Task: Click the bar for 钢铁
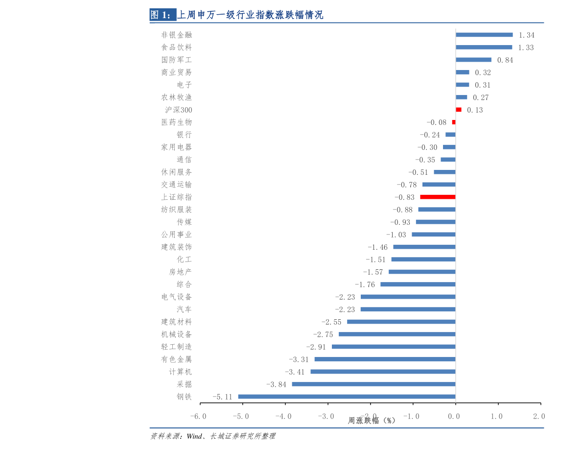[x=347, y=397]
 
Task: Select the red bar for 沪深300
[x=459, y=110]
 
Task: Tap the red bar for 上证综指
[x=438, y=197]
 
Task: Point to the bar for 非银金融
[x=484, y=35]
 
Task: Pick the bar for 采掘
[x=373, y=384]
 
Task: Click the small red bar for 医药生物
[x=454, y=122]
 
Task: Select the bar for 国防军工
[x=473, y=60]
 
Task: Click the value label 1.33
[x=526, y=47]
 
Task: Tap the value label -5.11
[x=222, y=397]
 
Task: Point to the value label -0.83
[x=404, y=197]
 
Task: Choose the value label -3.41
[x=295, y=372]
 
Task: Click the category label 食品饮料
[x=176, y=47]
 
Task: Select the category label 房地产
[x=180, y=272]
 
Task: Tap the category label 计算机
[x=180, y=372]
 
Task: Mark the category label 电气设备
[x=176, y=297]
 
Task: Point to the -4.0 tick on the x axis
[x=283, y=416]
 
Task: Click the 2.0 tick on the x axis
[x=539, y=416]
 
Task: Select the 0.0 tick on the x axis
[x=454, y=416]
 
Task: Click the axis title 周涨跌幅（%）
[x=372, y=421]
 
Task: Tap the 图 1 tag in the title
[x=162, y=15]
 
